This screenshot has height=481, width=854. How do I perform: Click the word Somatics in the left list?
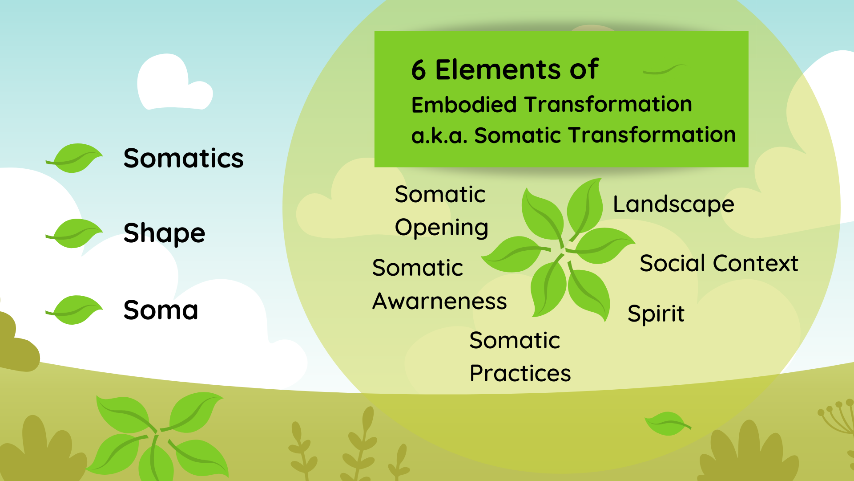coord(183,159)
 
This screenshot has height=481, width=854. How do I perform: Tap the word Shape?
coord(164,233)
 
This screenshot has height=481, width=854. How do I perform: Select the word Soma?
coord(161,310)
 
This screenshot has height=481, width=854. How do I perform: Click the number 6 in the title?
coord(419,70)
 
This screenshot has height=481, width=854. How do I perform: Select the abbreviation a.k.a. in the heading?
coord(439,135)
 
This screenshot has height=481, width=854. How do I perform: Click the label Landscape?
coord(673,205)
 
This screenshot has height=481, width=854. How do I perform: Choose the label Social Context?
coord(719,263)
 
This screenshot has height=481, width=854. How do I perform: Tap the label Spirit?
coord(656,314)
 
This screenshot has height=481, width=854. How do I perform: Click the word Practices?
coord(520,373)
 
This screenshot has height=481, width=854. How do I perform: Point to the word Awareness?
coord(439,302)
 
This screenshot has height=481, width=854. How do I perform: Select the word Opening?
coord(441,228)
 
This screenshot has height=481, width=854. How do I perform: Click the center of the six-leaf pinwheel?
coord(561,252)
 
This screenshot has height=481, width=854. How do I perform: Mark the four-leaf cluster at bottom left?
coord(158,434)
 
